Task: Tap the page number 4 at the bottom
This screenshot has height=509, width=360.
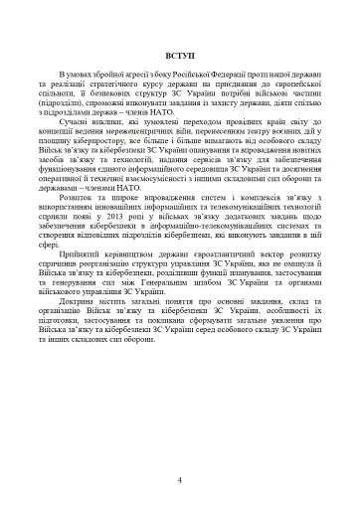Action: [180, 480]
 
